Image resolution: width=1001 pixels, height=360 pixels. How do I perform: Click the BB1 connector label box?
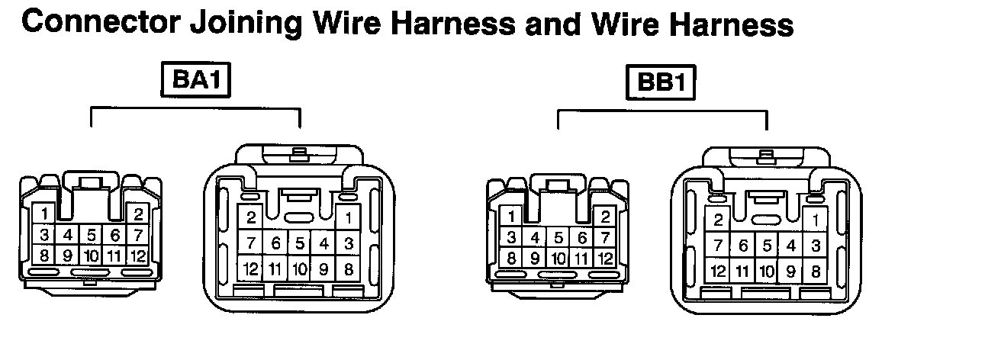click(661, 82)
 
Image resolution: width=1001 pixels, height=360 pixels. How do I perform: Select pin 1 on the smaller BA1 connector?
click(45, 214)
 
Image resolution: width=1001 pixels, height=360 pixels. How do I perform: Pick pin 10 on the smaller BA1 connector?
click(92, 256)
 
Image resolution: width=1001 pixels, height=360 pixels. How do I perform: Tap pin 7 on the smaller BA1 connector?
click(138, 234)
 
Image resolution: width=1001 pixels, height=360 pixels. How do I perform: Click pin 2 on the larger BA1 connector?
click(250, 217)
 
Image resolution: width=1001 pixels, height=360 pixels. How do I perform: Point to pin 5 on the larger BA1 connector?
click(300, 243)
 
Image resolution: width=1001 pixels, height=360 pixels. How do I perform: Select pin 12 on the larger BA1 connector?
click(250, 268)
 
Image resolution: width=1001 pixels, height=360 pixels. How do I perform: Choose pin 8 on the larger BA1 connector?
click(349, 268)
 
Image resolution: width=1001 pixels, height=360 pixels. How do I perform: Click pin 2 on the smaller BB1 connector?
click(605, 217)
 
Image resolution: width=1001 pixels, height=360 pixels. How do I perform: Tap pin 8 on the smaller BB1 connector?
click(512, 259)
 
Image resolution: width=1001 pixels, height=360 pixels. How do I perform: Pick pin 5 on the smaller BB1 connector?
click(558, 238)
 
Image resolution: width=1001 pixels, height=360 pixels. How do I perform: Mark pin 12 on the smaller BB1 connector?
click(605, 259)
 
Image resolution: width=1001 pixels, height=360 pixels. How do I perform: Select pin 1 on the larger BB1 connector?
click(816, 220)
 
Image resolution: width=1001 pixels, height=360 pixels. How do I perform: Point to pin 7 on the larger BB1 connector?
click(717, 246)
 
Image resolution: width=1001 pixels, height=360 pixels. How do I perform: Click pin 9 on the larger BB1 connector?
click(790, 270)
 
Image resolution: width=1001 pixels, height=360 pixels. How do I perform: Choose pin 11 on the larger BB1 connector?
click(742, 270)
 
